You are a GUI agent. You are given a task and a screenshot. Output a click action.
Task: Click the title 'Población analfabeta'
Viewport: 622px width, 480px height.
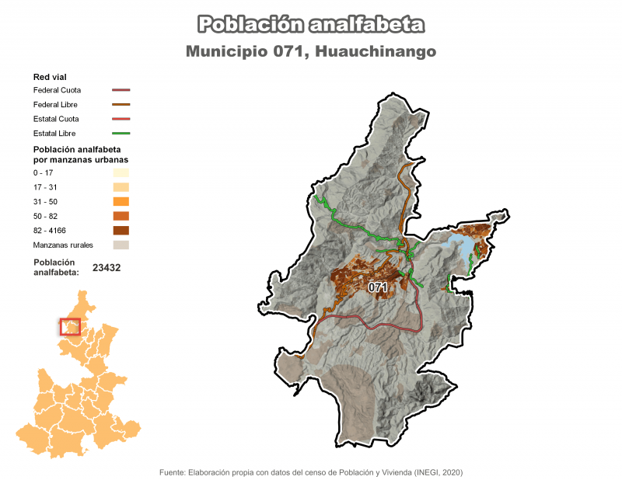pos(311,25)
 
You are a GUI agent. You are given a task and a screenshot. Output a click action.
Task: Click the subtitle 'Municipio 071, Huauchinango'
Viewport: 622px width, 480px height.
pos(311,51)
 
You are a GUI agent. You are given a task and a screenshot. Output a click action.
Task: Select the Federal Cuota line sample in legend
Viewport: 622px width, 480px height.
pos(121,90)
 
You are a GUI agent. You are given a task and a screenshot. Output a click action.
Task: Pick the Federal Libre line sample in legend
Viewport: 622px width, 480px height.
pos(121,104)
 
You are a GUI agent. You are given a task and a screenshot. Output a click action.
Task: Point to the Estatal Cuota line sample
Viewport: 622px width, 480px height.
pos(121,119)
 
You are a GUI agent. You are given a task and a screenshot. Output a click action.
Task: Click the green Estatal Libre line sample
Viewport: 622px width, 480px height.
pos(121,133)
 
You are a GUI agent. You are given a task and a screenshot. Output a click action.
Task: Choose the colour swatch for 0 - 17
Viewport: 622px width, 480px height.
pos(121,173)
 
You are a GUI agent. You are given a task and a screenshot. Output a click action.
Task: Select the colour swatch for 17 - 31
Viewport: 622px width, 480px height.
pos(121,187)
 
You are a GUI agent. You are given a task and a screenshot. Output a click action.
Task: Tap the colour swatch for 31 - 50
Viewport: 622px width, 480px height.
pos(121,202)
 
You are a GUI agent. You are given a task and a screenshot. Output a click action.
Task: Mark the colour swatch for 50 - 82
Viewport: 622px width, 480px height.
pos(121,216)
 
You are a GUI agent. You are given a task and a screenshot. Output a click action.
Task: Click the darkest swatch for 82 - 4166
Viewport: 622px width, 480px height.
pos(121,230)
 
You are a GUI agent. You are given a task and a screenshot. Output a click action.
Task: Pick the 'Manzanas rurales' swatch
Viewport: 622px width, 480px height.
pos(121,245)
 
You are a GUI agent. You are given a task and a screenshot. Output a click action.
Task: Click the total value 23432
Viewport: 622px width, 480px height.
pos(107,267)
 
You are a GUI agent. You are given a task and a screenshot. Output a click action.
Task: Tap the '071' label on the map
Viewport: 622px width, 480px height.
pos(378,287)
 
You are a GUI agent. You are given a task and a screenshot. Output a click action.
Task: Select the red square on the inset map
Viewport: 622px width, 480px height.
pos(70,326)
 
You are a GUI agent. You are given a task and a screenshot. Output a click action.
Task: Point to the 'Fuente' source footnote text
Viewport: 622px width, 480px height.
pos(311,471)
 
